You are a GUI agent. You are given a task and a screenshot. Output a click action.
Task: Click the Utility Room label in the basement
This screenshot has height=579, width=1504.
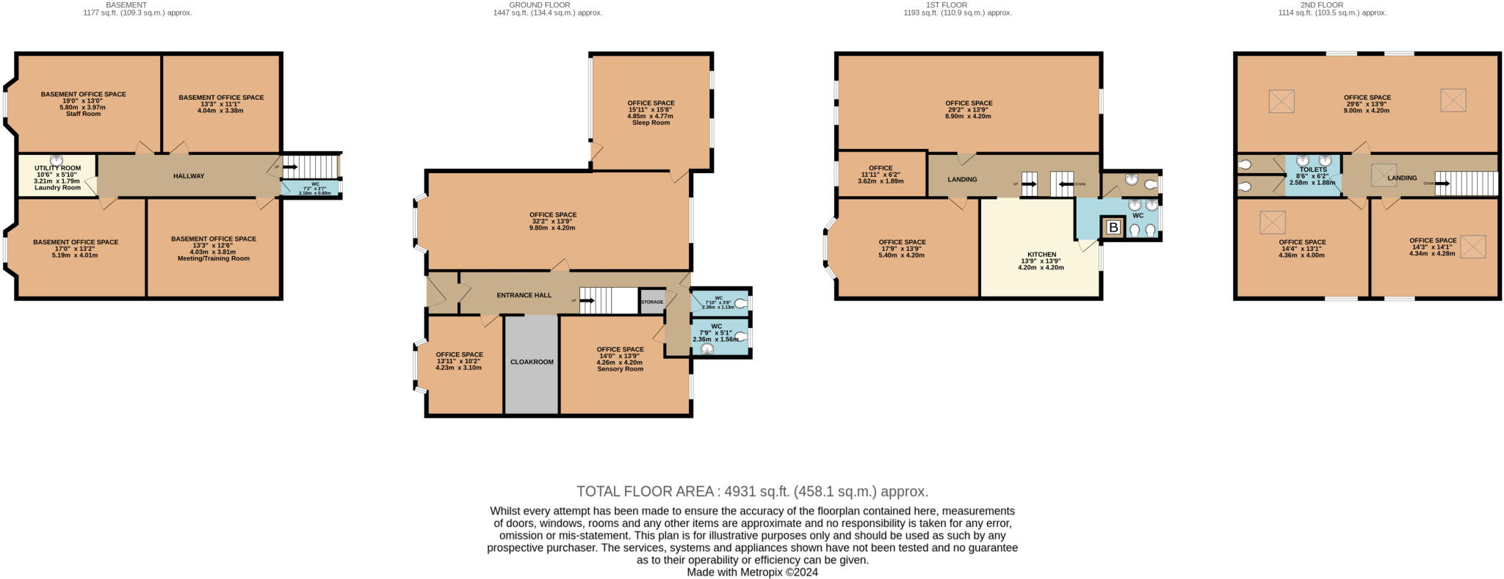coord(57,168)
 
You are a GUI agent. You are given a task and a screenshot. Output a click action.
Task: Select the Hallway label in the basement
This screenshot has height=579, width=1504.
coord(189,176)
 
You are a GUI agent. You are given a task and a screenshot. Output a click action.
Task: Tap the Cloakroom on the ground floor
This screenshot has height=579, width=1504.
coord(532,362)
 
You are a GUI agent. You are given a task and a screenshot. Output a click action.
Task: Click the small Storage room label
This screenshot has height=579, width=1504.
coord(651,302)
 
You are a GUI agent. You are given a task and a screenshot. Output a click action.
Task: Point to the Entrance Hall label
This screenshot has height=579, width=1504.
coord(524,295)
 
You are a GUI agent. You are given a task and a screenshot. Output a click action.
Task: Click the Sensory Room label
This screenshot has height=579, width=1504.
coord(620,368)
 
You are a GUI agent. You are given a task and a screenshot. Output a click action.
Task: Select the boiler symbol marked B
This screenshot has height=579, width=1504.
coord(1113,228)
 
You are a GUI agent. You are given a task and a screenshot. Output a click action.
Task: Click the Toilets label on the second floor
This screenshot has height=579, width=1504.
coord(1313,170)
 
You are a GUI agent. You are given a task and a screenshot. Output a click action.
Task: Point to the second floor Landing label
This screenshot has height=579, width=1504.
coord(1402,178)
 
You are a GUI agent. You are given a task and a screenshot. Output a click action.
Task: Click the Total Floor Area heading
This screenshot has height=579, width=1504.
coord(751,492)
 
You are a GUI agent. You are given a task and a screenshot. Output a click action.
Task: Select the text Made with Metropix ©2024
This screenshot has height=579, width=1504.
coord(752,572)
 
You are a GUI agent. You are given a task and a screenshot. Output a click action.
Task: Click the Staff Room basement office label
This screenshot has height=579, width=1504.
coord(83,114)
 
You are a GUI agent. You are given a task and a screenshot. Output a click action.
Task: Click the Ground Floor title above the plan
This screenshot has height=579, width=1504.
coord(539,5)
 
